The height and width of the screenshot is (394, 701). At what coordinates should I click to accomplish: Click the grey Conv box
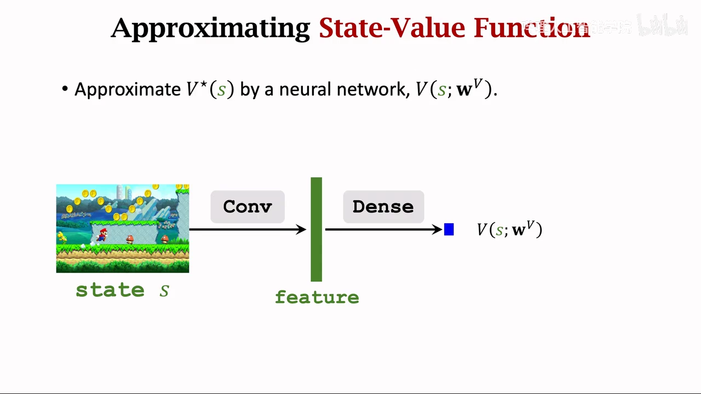point(248,207)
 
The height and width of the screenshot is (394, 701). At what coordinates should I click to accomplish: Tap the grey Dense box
point(383,207)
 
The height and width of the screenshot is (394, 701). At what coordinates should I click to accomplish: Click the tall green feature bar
point(316,229)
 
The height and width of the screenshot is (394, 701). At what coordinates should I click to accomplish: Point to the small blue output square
point(449,230)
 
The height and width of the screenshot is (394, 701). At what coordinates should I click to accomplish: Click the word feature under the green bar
point(317,297)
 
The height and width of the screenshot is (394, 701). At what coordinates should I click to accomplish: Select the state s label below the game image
point(122,290)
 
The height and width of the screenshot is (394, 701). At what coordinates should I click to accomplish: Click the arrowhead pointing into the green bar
point(301,230)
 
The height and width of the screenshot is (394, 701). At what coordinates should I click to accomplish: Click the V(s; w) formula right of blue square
point(509,229)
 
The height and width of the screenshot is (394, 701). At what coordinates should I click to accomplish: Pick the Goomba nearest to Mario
point(130,239)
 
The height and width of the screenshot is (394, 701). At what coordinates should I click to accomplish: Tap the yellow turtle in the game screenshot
point(62,237)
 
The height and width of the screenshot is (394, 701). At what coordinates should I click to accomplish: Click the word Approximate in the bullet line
point(128,89)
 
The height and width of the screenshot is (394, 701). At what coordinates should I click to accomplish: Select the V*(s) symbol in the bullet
point(210,89)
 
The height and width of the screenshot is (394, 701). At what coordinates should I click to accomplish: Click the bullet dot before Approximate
point(65,89)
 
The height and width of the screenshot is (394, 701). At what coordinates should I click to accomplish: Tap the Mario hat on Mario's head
point(102,230)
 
